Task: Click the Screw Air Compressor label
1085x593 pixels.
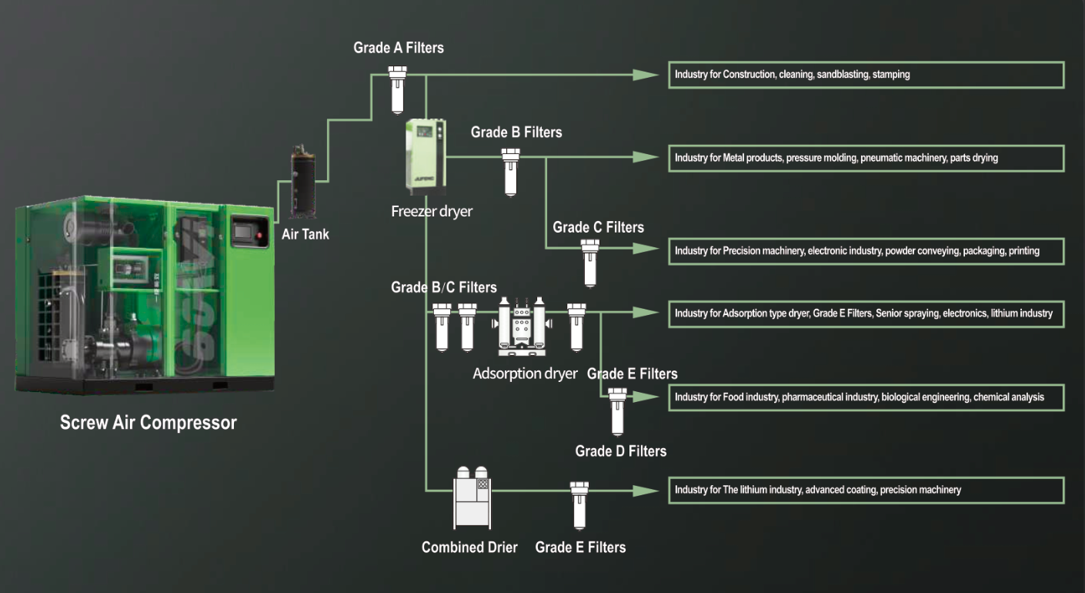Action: click(x=149, y=423)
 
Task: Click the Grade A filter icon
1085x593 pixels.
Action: click(x=397, y=89)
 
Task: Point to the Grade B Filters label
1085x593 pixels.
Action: click(x=516, y=132)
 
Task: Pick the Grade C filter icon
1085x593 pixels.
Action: click(x=590, y=261)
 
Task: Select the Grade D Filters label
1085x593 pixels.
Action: click(x=620, y=451)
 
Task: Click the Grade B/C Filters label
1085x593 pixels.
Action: click(x=444, y=287)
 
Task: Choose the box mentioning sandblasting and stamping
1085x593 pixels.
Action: click(x=866, y=75)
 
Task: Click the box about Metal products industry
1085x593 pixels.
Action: click(x=866, y=158)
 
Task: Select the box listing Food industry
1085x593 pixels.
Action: click(x=866, y=397)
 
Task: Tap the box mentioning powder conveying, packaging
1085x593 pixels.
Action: click(x=866, y=251)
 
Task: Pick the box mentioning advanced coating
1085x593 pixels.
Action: click(x=866, y=490)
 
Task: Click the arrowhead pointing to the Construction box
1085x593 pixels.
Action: click(x=645, y=75)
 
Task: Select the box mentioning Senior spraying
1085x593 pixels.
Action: click(x=866, y=313)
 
